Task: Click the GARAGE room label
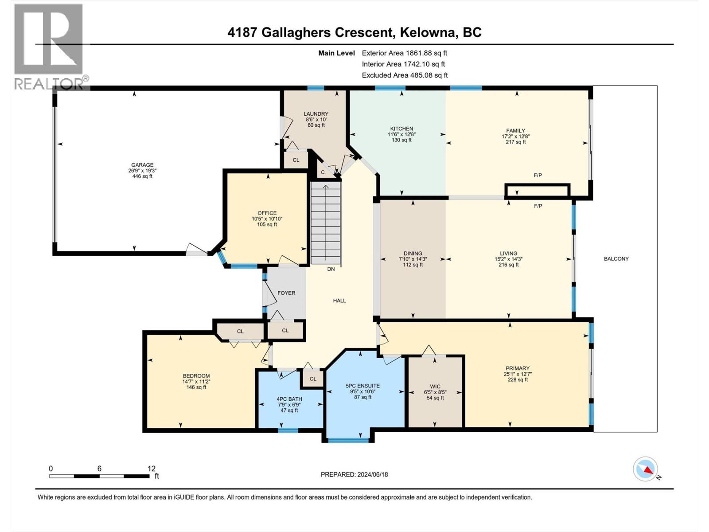tap(142, 165)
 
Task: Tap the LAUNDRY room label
tap(316, 114)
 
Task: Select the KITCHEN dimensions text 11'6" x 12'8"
tap(401, 134)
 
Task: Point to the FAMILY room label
tap(516, 130)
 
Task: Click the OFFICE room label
tap(267, 213)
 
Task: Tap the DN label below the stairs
tap(331, 269)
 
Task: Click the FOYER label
tap(286, 293)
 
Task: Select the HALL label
tap(339, 301)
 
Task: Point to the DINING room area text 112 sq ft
tap(413, 265)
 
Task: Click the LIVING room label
tap(509, 254)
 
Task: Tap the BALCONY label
tap(616, 259)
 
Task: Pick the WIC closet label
tap(435, 387)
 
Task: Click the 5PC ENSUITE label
tap(363, 386)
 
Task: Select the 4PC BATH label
tap(289, 399)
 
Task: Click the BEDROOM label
tap(196, 376)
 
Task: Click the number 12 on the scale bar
tap(152, 469)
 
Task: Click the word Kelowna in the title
tap(429, 32)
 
